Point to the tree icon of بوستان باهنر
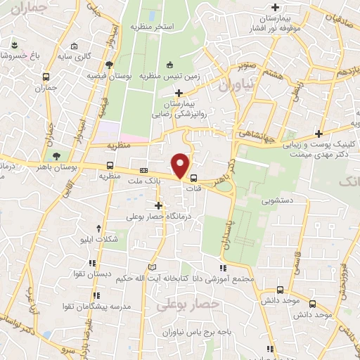tap(56, 155)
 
